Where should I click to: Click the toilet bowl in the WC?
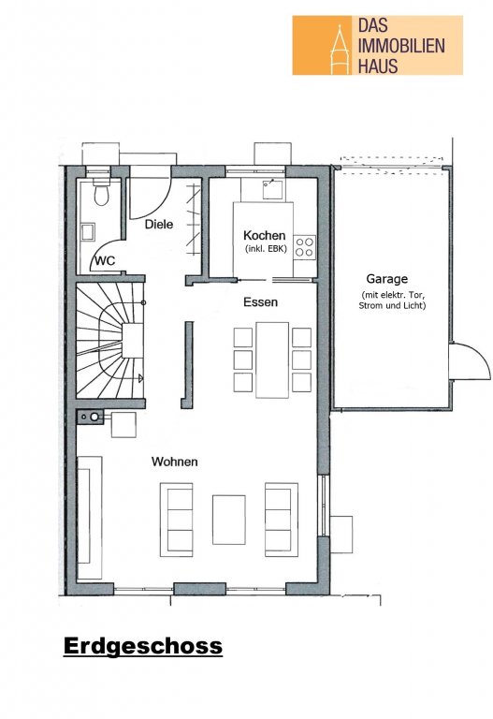101,195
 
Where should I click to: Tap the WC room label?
106,261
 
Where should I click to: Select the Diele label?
159,225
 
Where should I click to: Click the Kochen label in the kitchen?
265,235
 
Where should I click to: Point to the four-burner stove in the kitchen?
305,247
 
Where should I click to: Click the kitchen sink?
273,189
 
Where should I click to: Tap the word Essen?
260,302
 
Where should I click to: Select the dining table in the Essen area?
272,359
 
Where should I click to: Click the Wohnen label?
175,462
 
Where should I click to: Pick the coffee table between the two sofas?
228,520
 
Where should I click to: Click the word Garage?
386,279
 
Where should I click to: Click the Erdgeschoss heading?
143,646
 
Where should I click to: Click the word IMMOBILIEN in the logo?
401,46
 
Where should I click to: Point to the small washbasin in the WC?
88,231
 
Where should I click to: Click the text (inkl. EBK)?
266,249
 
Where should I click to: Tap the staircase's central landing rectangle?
133,340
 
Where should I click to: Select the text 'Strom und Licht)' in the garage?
392,305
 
